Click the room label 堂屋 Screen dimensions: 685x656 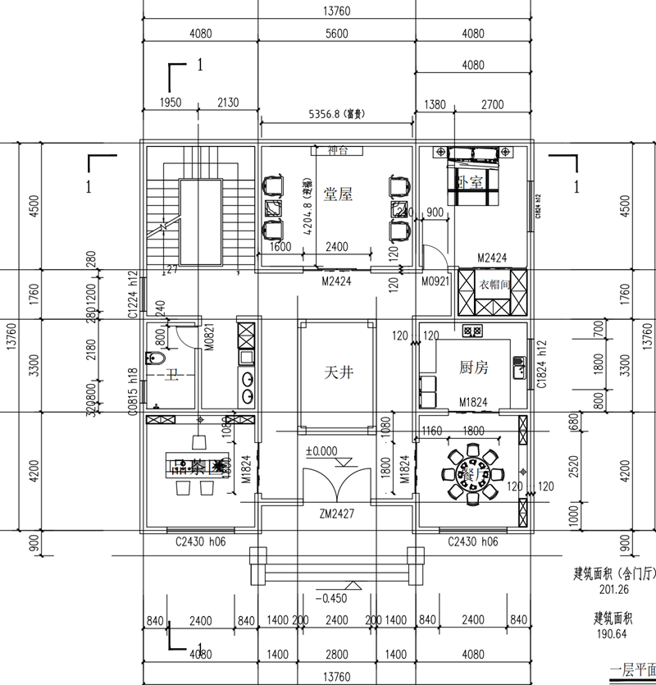point(338,194)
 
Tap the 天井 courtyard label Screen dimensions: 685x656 point(337,372)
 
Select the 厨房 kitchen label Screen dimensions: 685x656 point(474,368)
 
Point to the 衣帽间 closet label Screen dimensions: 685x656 point(495,285)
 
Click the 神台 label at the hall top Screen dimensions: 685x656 point(337,151)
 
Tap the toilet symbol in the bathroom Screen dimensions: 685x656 point(154,358)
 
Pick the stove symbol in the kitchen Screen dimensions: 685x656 point(471,331)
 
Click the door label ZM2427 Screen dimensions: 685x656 point(337,514)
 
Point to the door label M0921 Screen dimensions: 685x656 point(435,281)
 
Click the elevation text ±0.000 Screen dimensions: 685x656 point(322,451)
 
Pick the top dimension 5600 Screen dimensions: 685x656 point(336,34)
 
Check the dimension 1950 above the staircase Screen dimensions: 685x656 point(170,103)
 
